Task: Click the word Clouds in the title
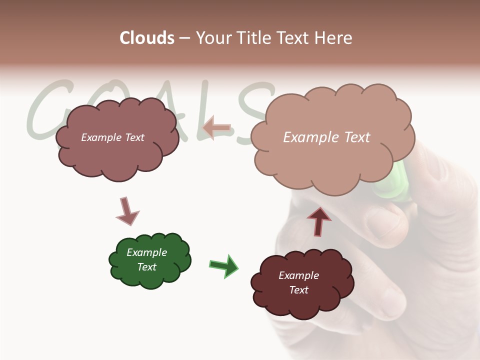click(147, 38)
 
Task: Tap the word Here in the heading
click(334, 38)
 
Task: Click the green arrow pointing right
click(223, 265)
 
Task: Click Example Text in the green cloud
click(147, 259)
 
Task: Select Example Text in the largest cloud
click(326, 137)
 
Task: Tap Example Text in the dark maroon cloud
click(299, 282)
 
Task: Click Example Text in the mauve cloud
click(112, 137)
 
